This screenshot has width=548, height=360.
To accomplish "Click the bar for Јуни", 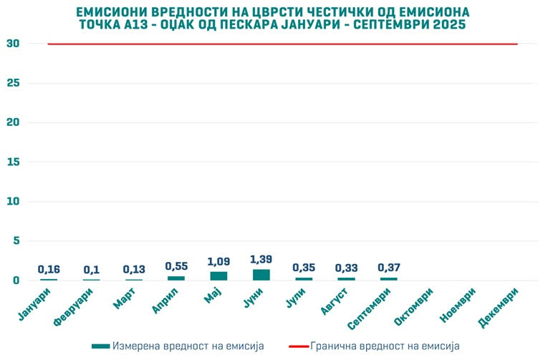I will pos(261,275).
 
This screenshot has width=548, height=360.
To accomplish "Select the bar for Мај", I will pos(218,276).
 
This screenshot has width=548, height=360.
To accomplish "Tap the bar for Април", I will pos(176,278).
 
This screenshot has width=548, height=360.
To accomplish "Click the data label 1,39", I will pos(261,258).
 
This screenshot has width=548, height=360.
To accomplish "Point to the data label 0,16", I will pos(49,269).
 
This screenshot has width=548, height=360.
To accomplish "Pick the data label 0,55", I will pos(176,266).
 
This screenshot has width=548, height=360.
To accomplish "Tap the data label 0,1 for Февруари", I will pos(91,270).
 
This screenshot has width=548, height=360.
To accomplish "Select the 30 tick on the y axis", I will pos(12,44).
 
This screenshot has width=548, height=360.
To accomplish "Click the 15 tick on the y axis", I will pos(12,162).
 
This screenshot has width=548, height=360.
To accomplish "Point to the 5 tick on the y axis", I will pos(15,241).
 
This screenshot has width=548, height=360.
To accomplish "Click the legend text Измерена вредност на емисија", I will pos(188,346).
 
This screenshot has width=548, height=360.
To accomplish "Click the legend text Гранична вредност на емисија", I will pos(384,346).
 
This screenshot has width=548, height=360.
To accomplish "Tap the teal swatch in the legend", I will pos(101,346).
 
